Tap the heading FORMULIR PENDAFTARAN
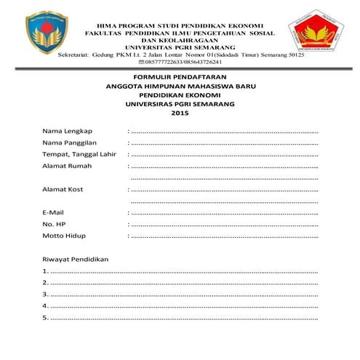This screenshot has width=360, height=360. coord(180,76)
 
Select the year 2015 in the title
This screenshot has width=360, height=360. coord(180,113)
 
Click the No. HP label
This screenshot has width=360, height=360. coord(54,224)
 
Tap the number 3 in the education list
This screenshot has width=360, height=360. coord(45,295)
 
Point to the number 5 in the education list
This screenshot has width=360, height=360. coord(45,318)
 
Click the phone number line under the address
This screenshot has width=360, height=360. coord(179,63)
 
